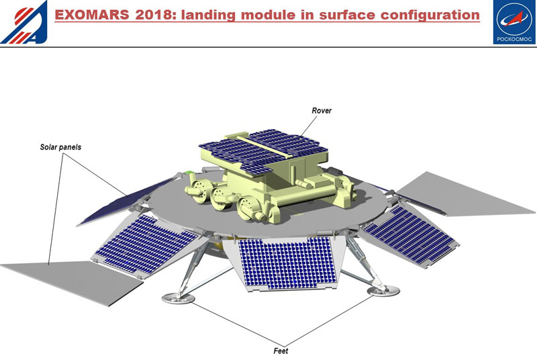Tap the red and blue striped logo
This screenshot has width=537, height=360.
23,22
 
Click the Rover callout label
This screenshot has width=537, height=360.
322,110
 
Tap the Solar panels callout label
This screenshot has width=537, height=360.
61,146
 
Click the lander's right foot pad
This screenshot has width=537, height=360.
383,290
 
